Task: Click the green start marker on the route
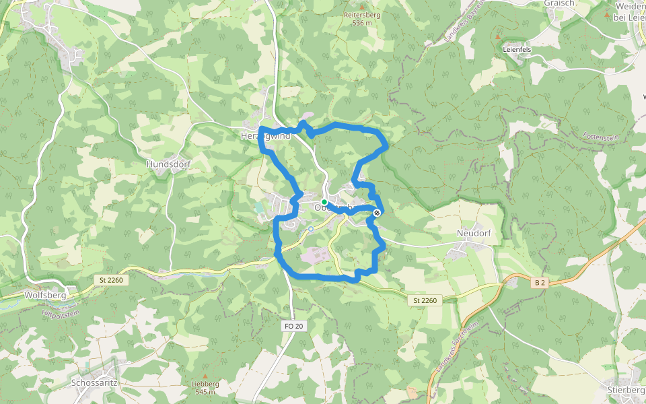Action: coord(324,202)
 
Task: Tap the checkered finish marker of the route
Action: coord(377,213)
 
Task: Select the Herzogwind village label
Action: coord(266,136)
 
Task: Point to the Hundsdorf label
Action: coord(165,164)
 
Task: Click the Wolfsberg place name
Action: coord(44,295)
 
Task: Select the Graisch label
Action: coord(559,3)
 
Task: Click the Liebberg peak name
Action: coord(205,384)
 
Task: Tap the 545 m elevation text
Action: coord(205,392)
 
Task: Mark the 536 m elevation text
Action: coord(361,23)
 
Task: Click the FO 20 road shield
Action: coord(294,326)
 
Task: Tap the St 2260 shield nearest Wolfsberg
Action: coord(111,279)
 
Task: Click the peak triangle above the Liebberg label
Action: coord(205,376)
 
